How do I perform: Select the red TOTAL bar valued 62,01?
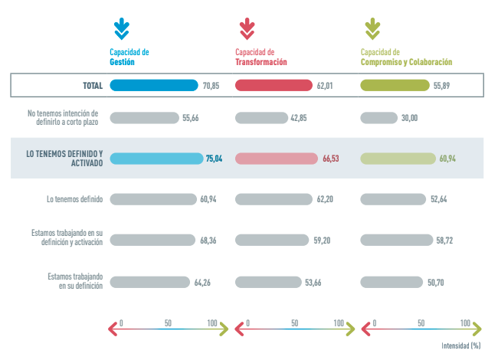(x=274, y=85)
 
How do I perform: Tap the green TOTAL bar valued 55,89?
(x=395, y=85)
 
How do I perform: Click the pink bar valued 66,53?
(x=277, y=159)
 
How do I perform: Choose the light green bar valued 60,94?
(x=398, y=159)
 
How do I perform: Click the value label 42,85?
(x=299, y=118)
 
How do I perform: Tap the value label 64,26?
(x=202, y=282)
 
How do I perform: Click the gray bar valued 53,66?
(x=267, y=282)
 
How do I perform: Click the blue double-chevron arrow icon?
(x=121, y=29)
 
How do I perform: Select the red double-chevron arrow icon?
(x=247, y=29)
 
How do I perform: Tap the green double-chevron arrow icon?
(x=372, y=29)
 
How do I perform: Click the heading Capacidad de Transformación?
(x=261, y=57)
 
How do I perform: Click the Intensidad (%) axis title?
(x=460, y=346)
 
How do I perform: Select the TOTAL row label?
(x=93, y=86)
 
